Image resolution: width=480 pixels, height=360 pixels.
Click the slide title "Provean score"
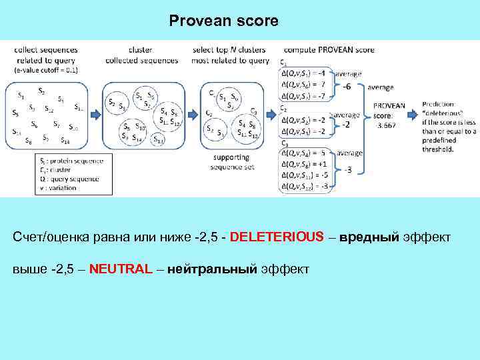tap(223, 21)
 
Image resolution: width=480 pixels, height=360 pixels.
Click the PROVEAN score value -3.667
tap(387, 125)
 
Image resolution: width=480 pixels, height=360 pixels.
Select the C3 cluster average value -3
tap(348, 170)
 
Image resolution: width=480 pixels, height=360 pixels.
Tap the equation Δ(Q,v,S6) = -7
tap(305, 85)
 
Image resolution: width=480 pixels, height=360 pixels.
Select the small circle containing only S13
tap(158, 139)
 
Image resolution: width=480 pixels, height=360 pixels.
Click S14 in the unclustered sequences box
tap(65, 141)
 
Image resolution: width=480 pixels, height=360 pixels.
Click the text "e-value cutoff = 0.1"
tap(47, 69)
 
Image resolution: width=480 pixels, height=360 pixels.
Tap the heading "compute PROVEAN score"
tap(329, 49)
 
